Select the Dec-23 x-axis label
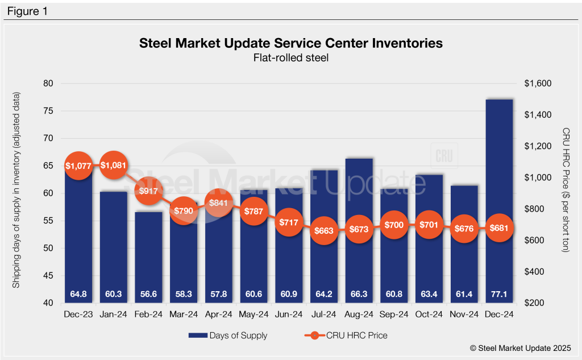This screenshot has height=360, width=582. [78, 313]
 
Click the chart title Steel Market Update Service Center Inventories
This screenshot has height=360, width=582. [290, 43]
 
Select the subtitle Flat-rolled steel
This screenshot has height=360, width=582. [290, 57]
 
